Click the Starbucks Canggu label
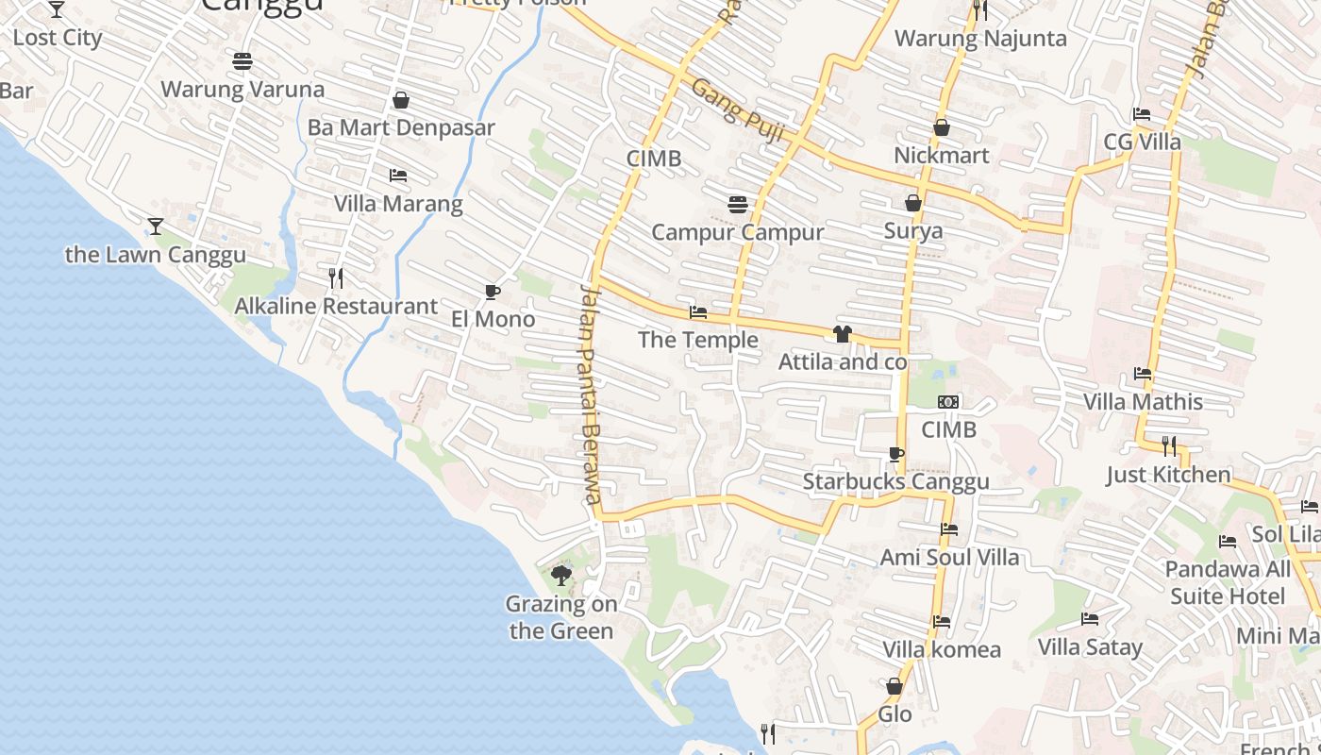tap(895, 481)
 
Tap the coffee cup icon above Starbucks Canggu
tap(895, 455)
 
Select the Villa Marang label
tap(398, 204)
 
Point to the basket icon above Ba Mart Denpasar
tap(401, 100)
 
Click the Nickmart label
tap(941, 155)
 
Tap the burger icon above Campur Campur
tap(738, 205)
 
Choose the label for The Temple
tap(698, 340)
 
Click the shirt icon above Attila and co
tap(843, 334)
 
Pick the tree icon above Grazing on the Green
tap(561, 575)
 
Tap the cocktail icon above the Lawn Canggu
tap(156, 226)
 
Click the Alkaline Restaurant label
tap(336, 306)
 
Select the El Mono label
tap(493, 319)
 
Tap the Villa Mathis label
tap(1143, 402)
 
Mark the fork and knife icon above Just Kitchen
tap(1168, 445)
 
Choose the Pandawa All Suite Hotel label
tap(1228, 582)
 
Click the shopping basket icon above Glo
tap(895, 686)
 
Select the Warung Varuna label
tap(242, 90)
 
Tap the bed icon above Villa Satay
tap(1090, 620)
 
